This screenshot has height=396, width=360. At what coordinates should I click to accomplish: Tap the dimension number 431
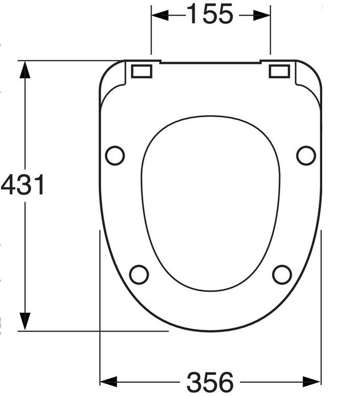click(x=22, y=185)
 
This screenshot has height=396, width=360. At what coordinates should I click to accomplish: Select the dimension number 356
click(x=210, y=382)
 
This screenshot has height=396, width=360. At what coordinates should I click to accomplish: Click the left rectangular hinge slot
click(x=142, y=71)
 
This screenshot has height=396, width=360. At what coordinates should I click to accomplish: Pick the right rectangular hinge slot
click(x=279, y=71)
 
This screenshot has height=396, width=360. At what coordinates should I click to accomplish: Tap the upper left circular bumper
click(x=115, y=156)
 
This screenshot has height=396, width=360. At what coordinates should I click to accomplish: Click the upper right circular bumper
click(x=306, y=156)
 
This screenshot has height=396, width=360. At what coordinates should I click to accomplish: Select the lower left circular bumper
click(x=139, y=275)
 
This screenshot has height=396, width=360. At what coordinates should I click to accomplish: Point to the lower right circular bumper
click(x=282, y=275)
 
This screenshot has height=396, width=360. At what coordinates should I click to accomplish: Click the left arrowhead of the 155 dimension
click(x=160, y=15)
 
